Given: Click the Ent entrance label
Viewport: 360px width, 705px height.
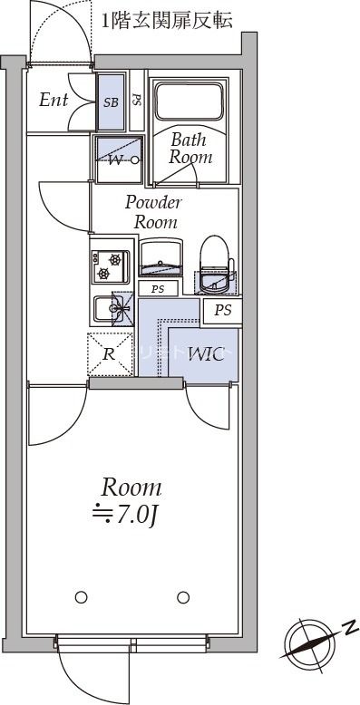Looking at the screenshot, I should pos(53,100).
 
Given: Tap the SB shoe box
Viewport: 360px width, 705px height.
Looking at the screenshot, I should pos(110,102).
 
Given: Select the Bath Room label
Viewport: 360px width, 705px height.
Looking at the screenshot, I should pos(190,149).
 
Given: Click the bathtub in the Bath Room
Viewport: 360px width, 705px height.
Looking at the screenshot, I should pos(189,101).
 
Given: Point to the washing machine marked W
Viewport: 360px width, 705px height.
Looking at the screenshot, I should pos(117,160).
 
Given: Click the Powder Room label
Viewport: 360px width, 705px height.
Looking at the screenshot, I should pos(154,212).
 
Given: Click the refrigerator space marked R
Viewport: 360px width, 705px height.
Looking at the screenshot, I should pos(109,353).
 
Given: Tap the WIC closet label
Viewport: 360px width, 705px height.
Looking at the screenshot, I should pos(206,354).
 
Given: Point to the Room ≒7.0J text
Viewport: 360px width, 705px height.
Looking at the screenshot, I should pos(131,501).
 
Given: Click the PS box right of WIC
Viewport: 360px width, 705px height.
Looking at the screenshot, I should pos(223,310).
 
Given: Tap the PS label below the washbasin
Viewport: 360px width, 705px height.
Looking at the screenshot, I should pos(158,290).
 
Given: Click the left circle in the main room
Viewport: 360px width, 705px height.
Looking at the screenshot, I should pos(81,597).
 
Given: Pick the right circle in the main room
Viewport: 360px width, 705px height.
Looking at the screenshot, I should pos(183,597).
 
